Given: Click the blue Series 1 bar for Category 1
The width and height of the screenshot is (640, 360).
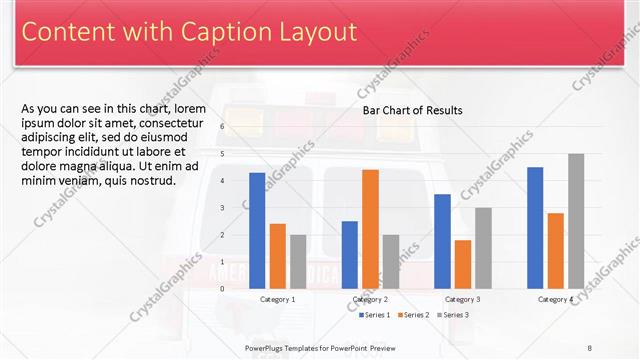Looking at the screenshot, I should [257, 230].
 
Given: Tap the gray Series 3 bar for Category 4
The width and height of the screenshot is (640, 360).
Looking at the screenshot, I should [576, 221].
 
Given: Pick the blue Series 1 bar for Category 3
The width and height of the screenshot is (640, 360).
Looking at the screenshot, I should [442, 241].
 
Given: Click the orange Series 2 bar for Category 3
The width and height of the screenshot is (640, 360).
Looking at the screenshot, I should [462, 264].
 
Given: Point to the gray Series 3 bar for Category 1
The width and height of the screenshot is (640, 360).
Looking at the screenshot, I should [298, 261].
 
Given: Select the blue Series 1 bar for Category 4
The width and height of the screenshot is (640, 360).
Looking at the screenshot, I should [535, 227].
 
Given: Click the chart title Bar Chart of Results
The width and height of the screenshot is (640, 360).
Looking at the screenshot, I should [412, 110].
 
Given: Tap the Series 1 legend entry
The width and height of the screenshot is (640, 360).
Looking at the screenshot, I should [375, 315].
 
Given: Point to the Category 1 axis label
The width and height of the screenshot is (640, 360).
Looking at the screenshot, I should [277, 299].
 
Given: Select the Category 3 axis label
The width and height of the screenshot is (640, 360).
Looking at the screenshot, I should [462, 299].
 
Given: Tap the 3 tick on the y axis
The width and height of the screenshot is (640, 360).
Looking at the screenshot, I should [222, 208].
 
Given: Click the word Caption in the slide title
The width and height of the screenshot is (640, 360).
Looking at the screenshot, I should [200, 33].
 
